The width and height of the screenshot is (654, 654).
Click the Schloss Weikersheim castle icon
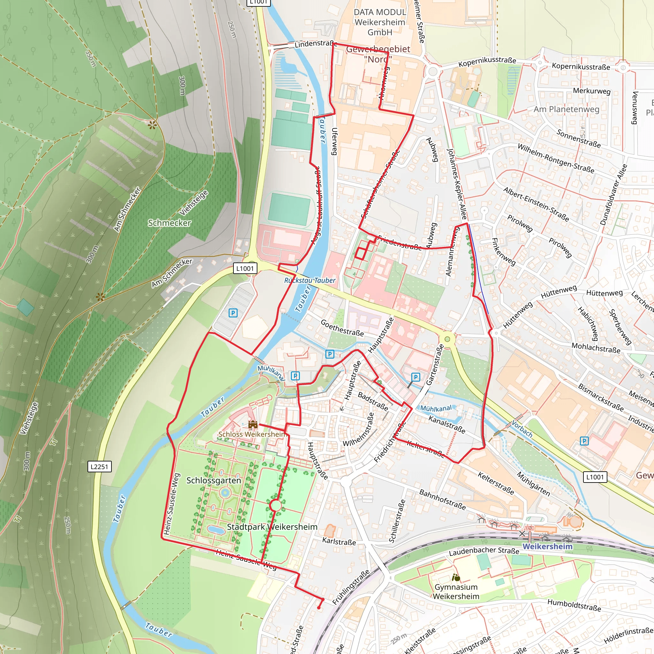point(253,424)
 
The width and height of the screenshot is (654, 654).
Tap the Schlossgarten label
point(214,480)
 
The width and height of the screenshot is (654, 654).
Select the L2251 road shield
point(99,467)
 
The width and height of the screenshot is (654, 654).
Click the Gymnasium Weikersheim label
point(456,592)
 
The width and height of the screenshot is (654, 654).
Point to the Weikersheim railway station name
point(547,546)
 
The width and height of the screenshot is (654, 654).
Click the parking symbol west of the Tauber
point(233,313)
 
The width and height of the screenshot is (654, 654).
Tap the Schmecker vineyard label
point(169,223)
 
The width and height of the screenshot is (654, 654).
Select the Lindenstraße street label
point(315,44)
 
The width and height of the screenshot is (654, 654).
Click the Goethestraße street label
point(342,328)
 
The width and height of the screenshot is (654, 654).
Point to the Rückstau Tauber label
point(310,280)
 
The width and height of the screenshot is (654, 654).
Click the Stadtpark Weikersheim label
point(272,527)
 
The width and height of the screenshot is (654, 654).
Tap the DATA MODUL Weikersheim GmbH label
point(380,22)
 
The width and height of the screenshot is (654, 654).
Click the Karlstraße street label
point(339,542)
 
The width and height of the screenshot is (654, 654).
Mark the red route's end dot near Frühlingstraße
point(318,608)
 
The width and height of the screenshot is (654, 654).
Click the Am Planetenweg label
point(566,109)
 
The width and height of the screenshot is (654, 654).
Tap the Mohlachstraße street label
point(596,348)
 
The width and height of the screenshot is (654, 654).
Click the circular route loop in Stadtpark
point(276,506)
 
